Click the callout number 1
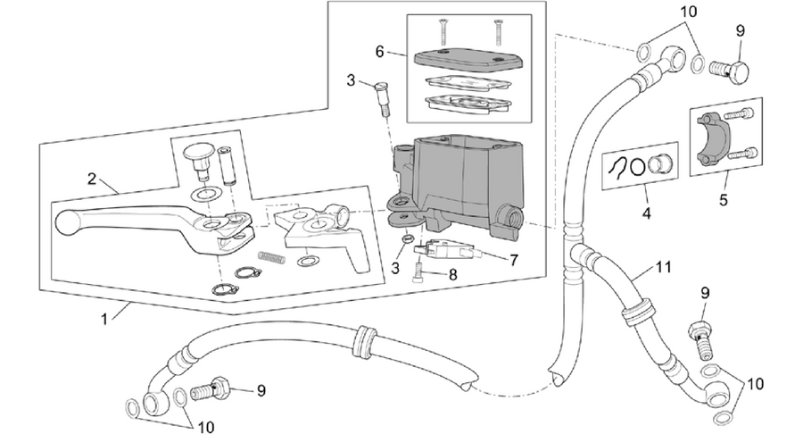tap(104, 319)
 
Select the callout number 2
tap(92, 179)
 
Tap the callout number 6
tap(379, 52)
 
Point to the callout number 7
tap(514, 260)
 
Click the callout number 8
tap(452, 275)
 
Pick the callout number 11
tap(664, 267)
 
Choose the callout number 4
tap(646, 213)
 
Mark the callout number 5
tap(723, 199)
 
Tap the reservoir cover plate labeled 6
tap(468, 60)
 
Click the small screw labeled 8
tap(418, 271)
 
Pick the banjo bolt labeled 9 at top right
tap(730, 71)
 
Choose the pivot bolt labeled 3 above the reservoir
tap(382, 100)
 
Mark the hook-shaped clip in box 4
tap(619, 166)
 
